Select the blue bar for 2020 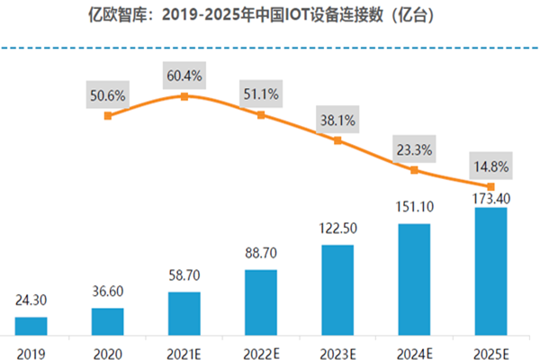click(107, 319)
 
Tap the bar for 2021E click(184, 311)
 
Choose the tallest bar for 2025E click(490, 270)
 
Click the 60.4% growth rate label click(184, 76)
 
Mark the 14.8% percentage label click(490, 166)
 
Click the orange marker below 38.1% click(337, 140)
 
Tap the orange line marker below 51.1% click(261, 115)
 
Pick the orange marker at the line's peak click(184, 96)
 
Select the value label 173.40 click(490, 197)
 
